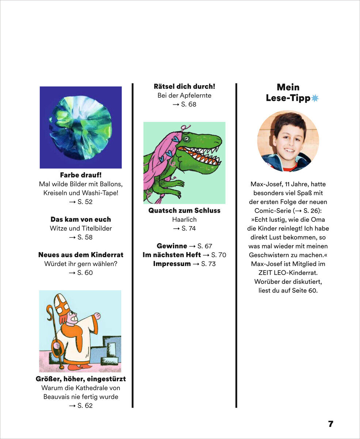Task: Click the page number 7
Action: point(330,424)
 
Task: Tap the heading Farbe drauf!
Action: point(80,175)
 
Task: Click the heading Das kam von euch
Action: point(80,219)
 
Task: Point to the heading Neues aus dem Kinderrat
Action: point(81,255)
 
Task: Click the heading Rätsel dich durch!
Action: point(185,87)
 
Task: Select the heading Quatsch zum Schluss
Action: point(185,211)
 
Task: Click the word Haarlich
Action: point(185,219)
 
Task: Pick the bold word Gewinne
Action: point(172,246)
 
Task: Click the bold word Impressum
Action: point(172,264)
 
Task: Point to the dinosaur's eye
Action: point(187,139)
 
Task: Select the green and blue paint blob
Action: point(80,127)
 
